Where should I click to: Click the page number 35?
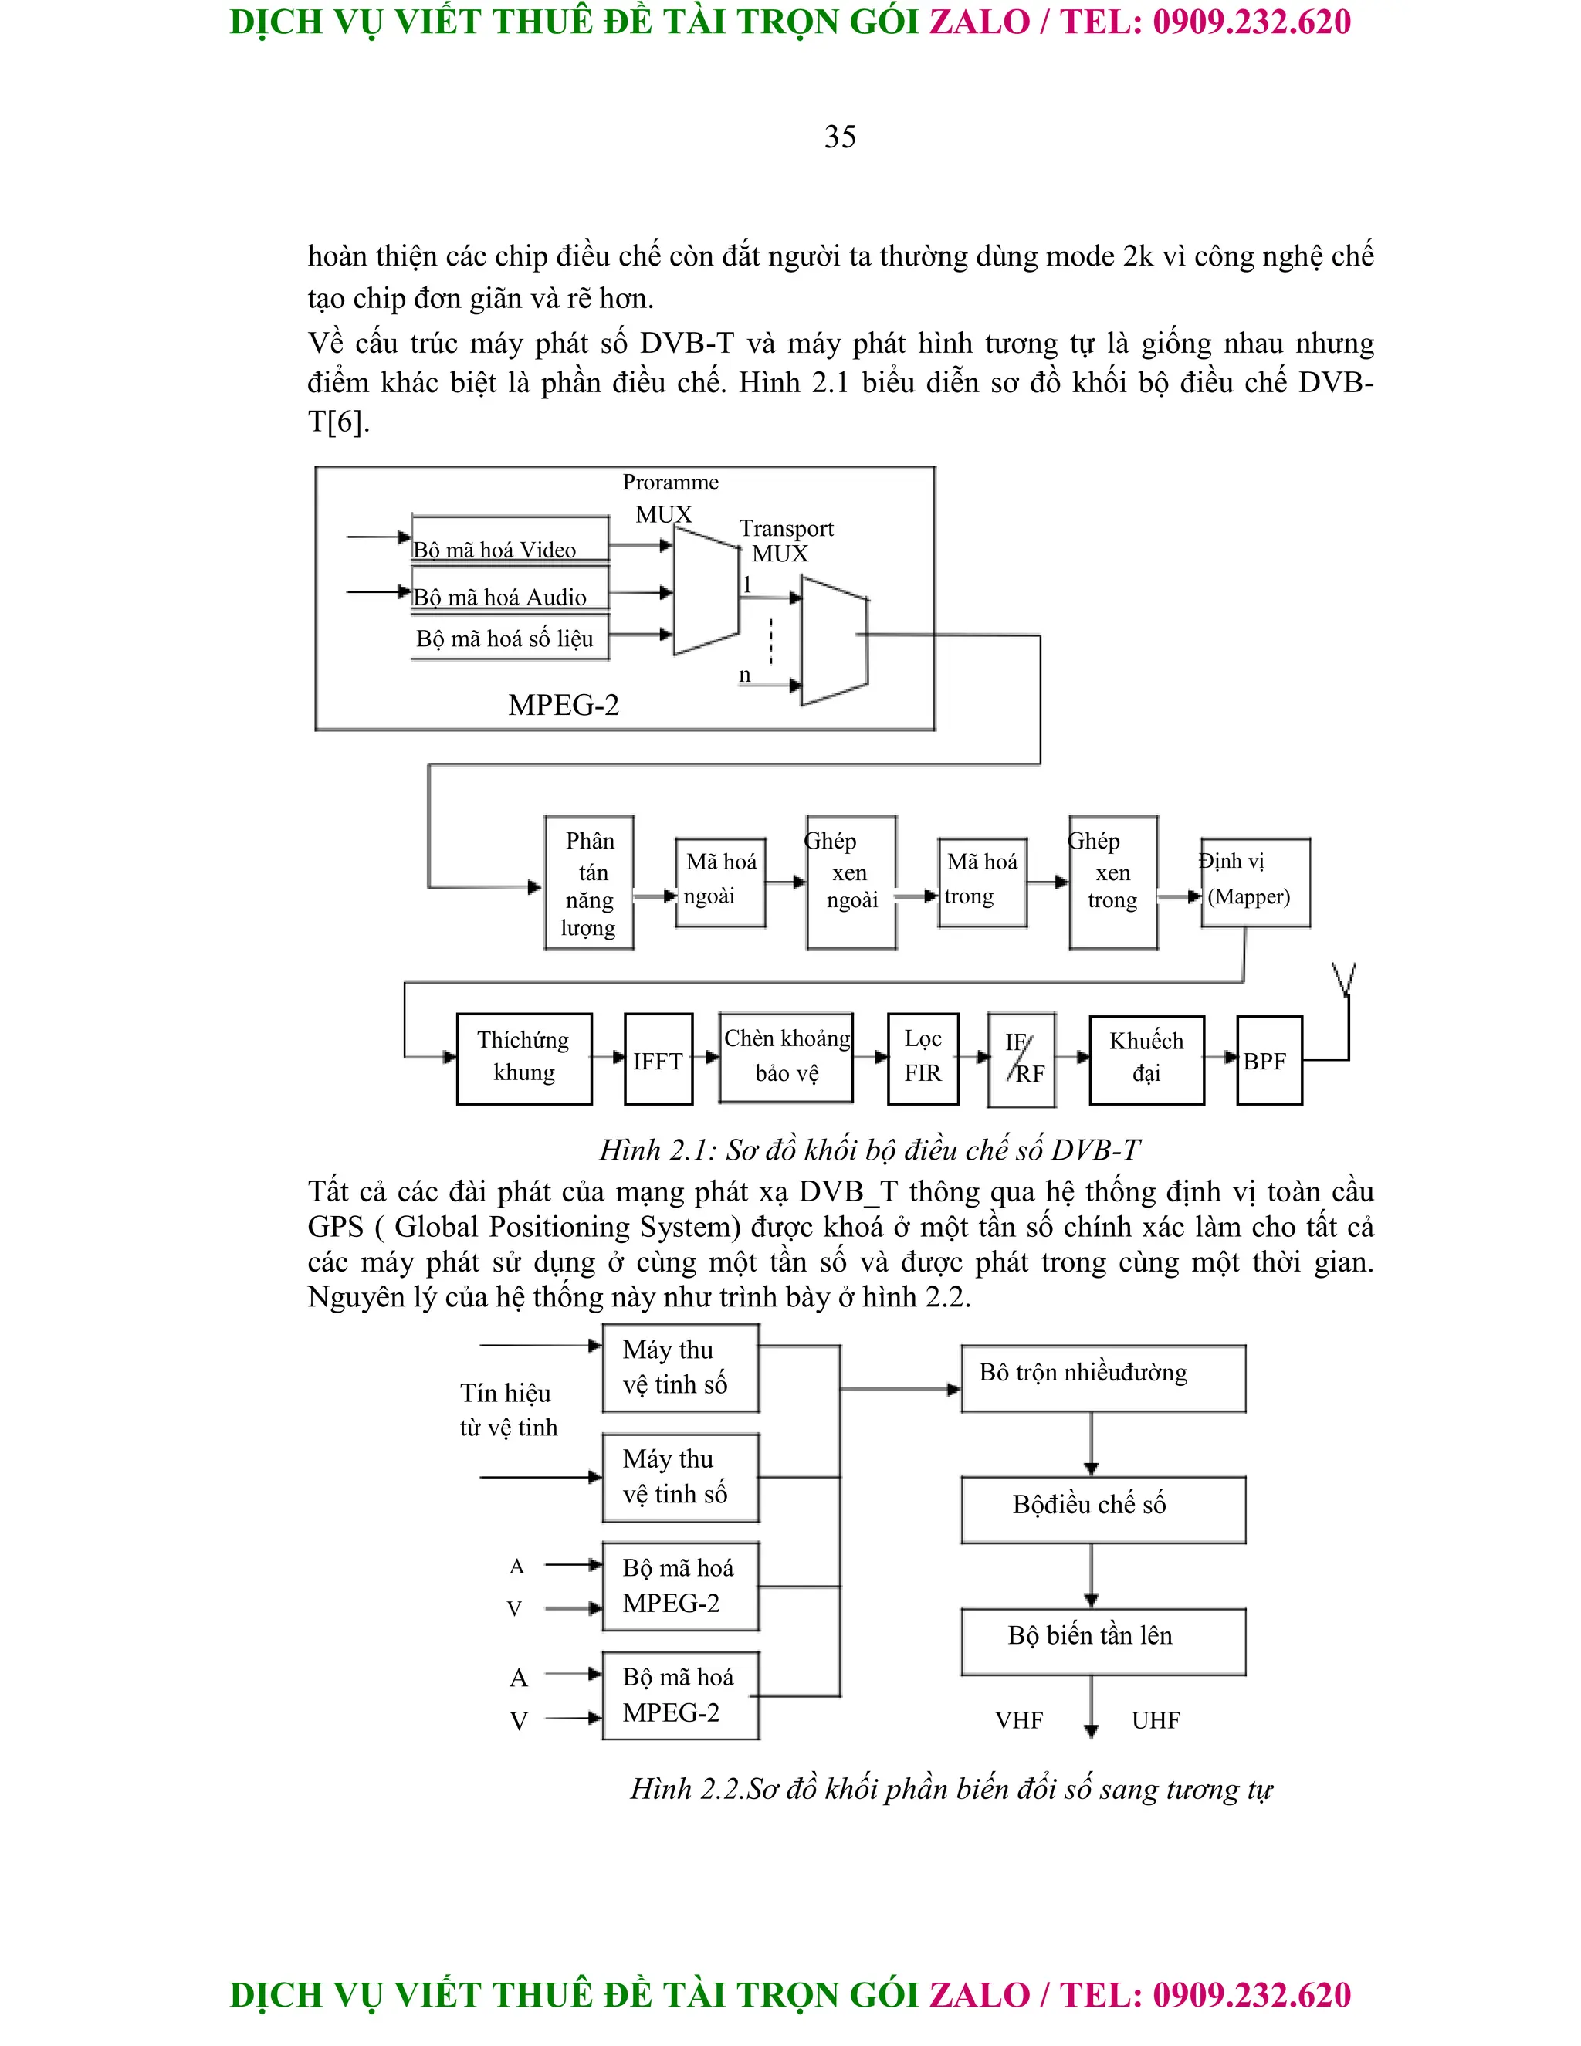click(x=839, y=137)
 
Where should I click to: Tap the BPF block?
click(x=1268, y=1061)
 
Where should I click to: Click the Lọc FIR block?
click(x=923, y=1058)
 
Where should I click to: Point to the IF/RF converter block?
click(x=1022, y=1059)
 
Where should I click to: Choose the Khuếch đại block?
click(x=1146, y=1059)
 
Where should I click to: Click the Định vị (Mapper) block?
click(x=1254, y=882)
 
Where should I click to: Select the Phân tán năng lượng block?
click(x=589, y=882)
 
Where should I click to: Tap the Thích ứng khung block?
click(x=523, y=1058)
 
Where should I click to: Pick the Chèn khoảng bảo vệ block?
click(x=786, y=1057)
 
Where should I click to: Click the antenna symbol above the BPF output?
click(x=1344, y=979)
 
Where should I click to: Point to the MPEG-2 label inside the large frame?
click(x=564, y=706)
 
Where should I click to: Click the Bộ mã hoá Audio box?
click(x=510, y=592)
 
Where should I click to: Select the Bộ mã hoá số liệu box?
click(x=510, y=639)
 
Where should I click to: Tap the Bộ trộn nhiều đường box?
click(x=1102, y=1378)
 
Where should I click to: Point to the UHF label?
click(x=1155, y=1720)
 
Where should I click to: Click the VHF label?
click(x=1019, y=1720)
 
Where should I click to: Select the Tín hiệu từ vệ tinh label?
click(x=508, y=1410)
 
